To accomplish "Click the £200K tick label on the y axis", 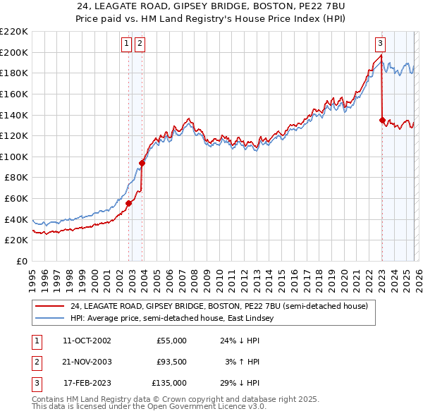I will tap(13, 52).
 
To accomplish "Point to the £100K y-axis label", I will tap(13, 157).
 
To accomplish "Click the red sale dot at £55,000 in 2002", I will tap(129, 203).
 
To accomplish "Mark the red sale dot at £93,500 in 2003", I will tap(142, 163).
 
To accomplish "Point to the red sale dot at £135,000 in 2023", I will tap(382, 120).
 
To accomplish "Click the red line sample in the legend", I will tap(49, 306).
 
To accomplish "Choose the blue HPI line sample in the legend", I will tap(49, 319).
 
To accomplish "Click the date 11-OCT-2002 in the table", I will tap(87, 341).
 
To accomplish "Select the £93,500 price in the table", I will tap(171, 362).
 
